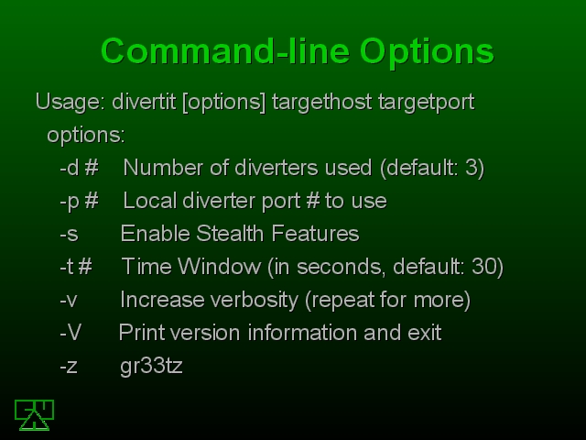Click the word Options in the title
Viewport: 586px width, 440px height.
point(427,52)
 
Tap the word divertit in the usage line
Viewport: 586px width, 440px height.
point(144,102)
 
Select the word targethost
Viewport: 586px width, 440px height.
point(321,102)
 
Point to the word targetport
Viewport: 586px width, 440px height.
point(426,102)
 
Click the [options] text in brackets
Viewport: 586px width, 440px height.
point(224,103)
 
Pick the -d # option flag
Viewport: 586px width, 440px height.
point(80,168)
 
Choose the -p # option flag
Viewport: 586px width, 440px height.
point(80,202)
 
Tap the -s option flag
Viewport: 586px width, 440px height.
point(70,235)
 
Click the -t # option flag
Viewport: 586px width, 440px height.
point(76,267)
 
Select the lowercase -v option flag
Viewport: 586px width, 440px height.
point(69,301)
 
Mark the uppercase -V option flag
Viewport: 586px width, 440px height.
point(71,332)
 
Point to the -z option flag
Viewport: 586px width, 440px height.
point(69,367)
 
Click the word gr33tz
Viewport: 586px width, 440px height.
point(151,367)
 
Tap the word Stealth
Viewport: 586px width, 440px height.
point(231,234)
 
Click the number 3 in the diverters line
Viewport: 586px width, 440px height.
point(470,168)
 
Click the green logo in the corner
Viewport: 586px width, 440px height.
point(35,415)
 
